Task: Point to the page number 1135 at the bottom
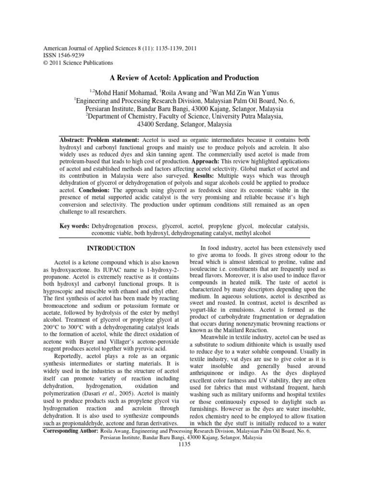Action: coord(184,444)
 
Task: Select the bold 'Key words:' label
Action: coord(74,225)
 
